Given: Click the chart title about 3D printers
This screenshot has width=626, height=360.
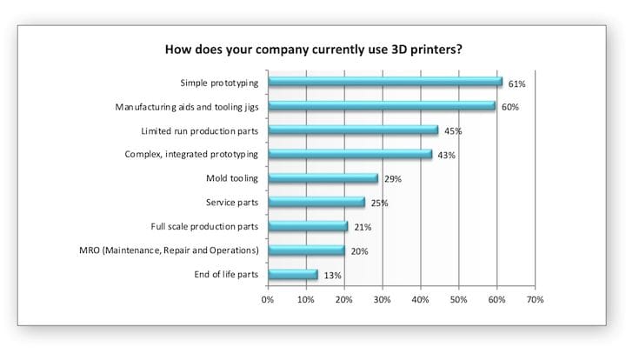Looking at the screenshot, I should click(313, 49).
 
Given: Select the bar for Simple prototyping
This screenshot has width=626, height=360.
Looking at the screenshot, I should click(384, 82).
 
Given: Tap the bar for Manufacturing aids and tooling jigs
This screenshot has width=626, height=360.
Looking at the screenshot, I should click(381, 106).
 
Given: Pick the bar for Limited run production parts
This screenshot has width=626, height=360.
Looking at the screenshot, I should click(352, 130).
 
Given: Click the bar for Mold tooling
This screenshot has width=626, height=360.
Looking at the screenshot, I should click(323, 178).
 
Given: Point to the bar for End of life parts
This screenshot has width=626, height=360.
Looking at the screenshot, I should click(292, 275).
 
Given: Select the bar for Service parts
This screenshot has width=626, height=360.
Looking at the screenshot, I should click(316, 203).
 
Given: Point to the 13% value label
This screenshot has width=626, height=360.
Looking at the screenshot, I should click(331, 276).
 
